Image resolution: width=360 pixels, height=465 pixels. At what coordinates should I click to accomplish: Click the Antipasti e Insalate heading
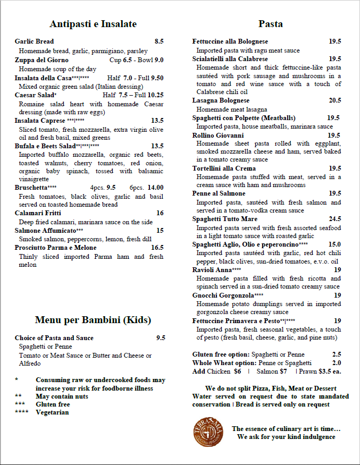click(93, 24)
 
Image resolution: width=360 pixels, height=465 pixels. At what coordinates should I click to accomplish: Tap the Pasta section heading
click(270, 24)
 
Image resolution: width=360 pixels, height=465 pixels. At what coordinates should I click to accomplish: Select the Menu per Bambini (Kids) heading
click(93, 320)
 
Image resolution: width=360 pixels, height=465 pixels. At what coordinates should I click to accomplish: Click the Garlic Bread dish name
click(34, 41)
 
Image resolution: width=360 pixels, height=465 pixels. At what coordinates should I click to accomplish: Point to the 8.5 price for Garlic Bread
click(159, 41)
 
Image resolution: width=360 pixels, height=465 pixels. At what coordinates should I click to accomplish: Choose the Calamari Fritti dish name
click(38, 213)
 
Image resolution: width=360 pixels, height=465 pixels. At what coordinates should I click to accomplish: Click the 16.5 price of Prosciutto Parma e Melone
click(157, 248)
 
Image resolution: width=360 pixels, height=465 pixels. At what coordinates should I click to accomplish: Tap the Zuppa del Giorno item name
click(41, 60)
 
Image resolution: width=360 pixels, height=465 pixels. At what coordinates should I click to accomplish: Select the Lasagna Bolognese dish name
click(221, 100)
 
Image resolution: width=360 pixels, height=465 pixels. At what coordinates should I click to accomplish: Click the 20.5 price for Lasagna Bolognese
click(335, 100)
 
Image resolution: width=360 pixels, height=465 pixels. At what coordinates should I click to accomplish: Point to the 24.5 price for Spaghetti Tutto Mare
click(335, 219)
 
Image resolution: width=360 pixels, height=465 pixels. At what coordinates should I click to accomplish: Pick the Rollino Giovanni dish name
click(217, 135)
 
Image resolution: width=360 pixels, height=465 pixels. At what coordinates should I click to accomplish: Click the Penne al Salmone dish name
click(219, 193)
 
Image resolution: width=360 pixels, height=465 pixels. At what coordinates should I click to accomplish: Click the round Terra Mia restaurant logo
click(208, 432)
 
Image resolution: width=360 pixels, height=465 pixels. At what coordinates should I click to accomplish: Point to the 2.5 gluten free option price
click(337, 354)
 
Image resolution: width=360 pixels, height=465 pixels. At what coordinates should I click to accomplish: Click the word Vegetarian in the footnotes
click(52, 412)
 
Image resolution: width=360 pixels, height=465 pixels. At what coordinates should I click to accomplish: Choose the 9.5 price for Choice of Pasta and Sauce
click(161, 337)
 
